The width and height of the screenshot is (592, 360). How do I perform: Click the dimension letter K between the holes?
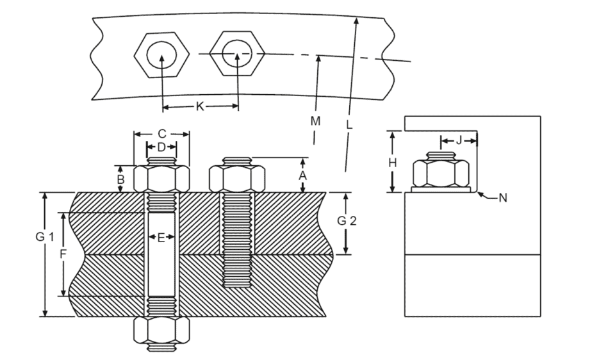(200, 107)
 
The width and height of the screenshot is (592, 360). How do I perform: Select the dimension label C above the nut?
(161, 134)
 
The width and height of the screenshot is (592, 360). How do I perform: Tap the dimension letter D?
(161, 147)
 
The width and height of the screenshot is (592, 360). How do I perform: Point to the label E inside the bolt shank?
(161, 238)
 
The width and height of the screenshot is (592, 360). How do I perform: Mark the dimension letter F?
(63, 254)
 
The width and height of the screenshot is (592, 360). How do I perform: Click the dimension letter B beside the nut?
(120, 179)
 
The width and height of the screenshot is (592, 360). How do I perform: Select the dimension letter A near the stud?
(304, 174)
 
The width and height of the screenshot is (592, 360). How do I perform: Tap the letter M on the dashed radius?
(315, 120)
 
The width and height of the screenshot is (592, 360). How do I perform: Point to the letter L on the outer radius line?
(349, 126)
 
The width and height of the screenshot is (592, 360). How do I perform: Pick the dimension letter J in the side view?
(458, 140)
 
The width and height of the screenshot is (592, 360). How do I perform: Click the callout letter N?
(503, 198)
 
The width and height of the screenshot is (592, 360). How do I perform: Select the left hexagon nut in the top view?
(161, 56)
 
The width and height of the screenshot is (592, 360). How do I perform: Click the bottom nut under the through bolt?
(161, 331)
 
